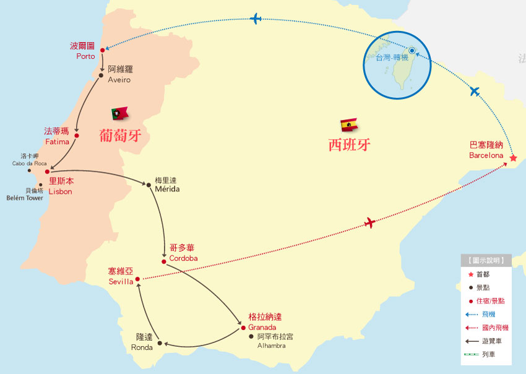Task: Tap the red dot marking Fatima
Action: point(77,135)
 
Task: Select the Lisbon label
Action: point(61,187)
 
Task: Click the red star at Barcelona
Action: point(513,158)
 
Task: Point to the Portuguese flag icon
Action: point(119,113)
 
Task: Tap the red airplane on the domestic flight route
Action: point(370,223)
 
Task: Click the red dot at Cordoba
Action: point(164,261)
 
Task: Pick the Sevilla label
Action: point(121,277)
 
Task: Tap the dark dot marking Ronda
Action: point(160,342)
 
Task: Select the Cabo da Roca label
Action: point(29,160)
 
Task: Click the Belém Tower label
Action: point(25,194)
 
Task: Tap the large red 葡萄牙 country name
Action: point(122,135)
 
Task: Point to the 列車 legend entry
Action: point(488,354)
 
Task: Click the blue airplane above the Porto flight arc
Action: point(256,19)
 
